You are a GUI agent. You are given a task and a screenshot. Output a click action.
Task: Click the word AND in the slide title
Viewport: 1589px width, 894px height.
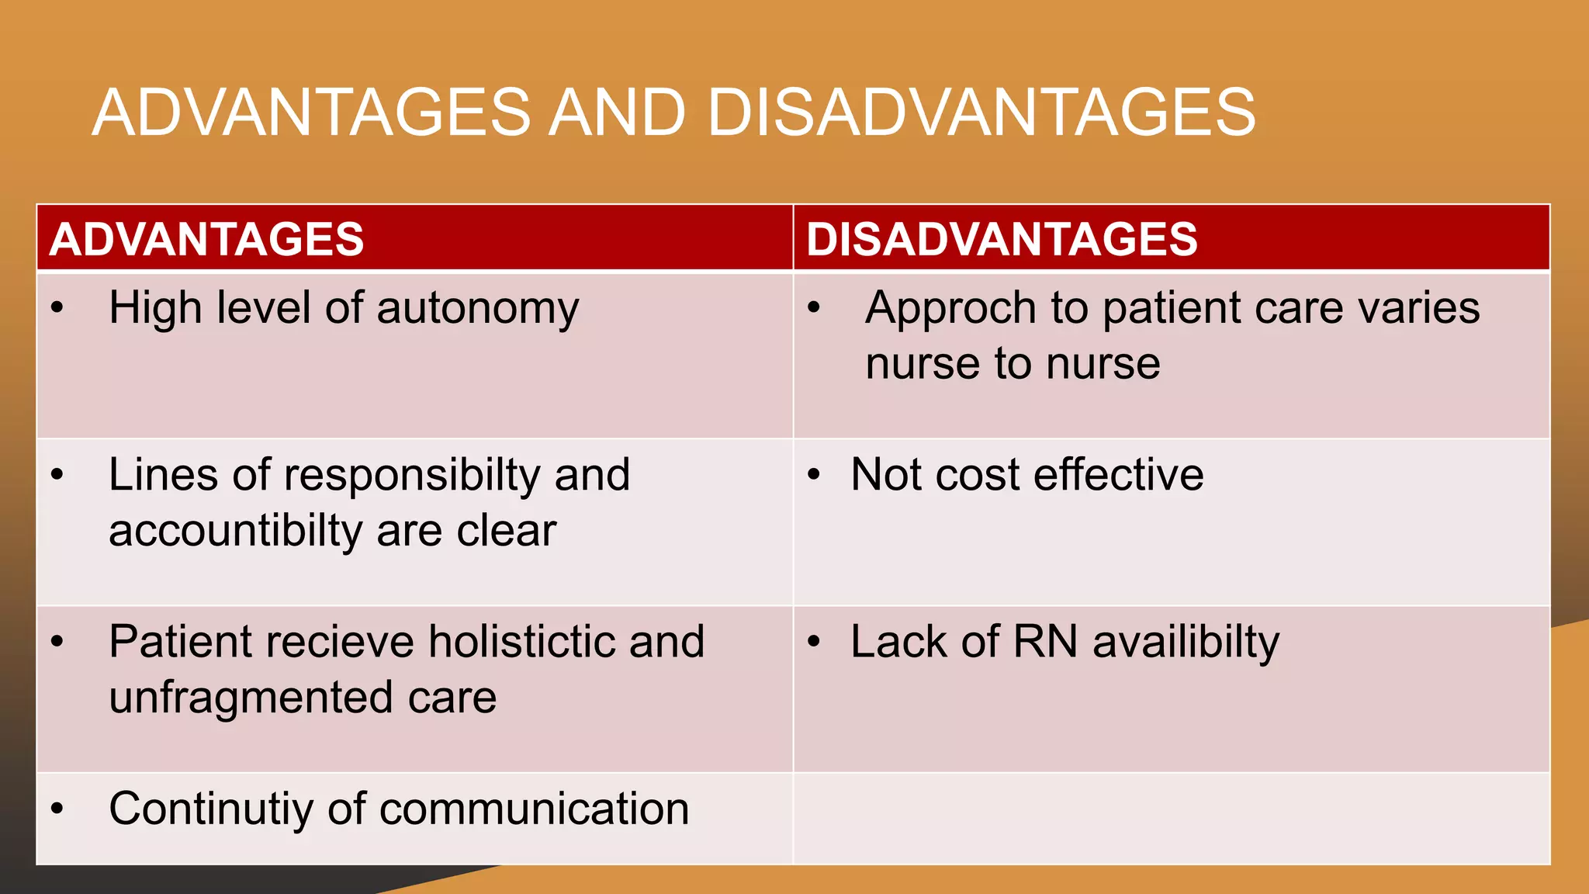[x=618, y=113]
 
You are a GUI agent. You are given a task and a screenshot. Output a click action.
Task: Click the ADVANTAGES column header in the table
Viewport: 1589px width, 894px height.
[x=206, y=239]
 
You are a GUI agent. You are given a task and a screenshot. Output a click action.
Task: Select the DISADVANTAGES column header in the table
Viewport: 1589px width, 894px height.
[x=1002, y=239]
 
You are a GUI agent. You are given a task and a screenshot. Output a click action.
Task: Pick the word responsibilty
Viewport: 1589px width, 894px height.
[x=412, y=475]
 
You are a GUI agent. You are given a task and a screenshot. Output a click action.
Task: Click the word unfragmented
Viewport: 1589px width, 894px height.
[x=251, y=698]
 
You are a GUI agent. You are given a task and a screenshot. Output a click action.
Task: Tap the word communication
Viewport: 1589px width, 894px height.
[x=534, y=809]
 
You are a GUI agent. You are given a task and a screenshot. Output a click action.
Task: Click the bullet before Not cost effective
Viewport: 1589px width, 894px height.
[x=813, y=475]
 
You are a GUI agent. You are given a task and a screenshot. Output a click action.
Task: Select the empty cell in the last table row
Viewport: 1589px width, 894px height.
[x=1172, y=818]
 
